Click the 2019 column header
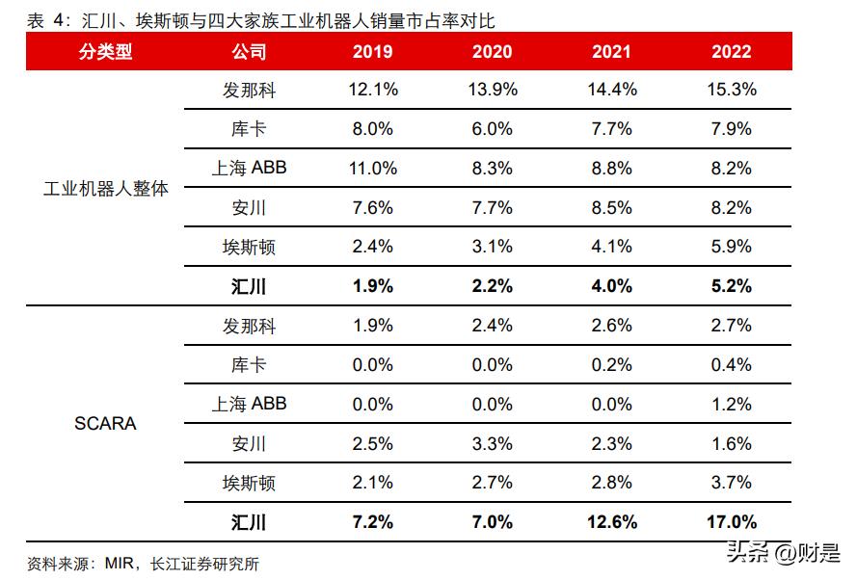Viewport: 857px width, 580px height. point(370,52)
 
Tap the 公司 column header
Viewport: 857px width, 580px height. point(249,52)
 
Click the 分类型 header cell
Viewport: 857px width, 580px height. point(105,52)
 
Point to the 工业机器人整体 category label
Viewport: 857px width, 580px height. point(105,188)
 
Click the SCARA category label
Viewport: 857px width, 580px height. point(105,424)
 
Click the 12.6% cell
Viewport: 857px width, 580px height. point(609,523)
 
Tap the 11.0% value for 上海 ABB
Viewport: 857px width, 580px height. point(370,169)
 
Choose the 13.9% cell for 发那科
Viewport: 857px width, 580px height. point(492,90)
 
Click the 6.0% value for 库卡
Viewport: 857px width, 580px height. point(492,129)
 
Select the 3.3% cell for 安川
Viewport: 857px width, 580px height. point(492,444)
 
